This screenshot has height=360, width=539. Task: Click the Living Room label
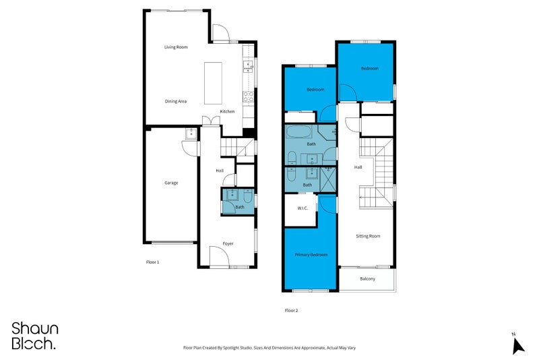click(x=176, y=47)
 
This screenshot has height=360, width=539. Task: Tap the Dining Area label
click(x=176, y=101)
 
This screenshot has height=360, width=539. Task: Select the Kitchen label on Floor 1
click(x=228, y=111)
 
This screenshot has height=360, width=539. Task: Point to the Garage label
click(x=171, y=183)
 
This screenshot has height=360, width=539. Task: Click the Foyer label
click(x=228, y=243)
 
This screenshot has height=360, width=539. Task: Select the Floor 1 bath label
click(x=239, y=207)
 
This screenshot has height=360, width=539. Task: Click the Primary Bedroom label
click(x=311, y=255)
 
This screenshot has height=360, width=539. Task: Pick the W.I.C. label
click(x=303, y=208)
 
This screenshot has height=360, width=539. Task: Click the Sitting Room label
click(x=368, y=236)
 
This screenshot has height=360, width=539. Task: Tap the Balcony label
click(x=367, y=279)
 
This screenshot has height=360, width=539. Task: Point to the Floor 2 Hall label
click(x=358, y=168)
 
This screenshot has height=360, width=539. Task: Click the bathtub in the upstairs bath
click(x=299, y=131)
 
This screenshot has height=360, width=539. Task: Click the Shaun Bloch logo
click(x=35, y=336)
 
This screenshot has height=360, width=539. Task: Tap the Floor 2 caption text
click(x=291, y=311)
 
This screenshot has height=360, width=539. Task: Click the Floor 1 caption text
click(x=153, y=262)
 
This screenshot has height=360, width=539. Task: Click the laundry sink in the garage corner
click(x=190, y=133)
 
